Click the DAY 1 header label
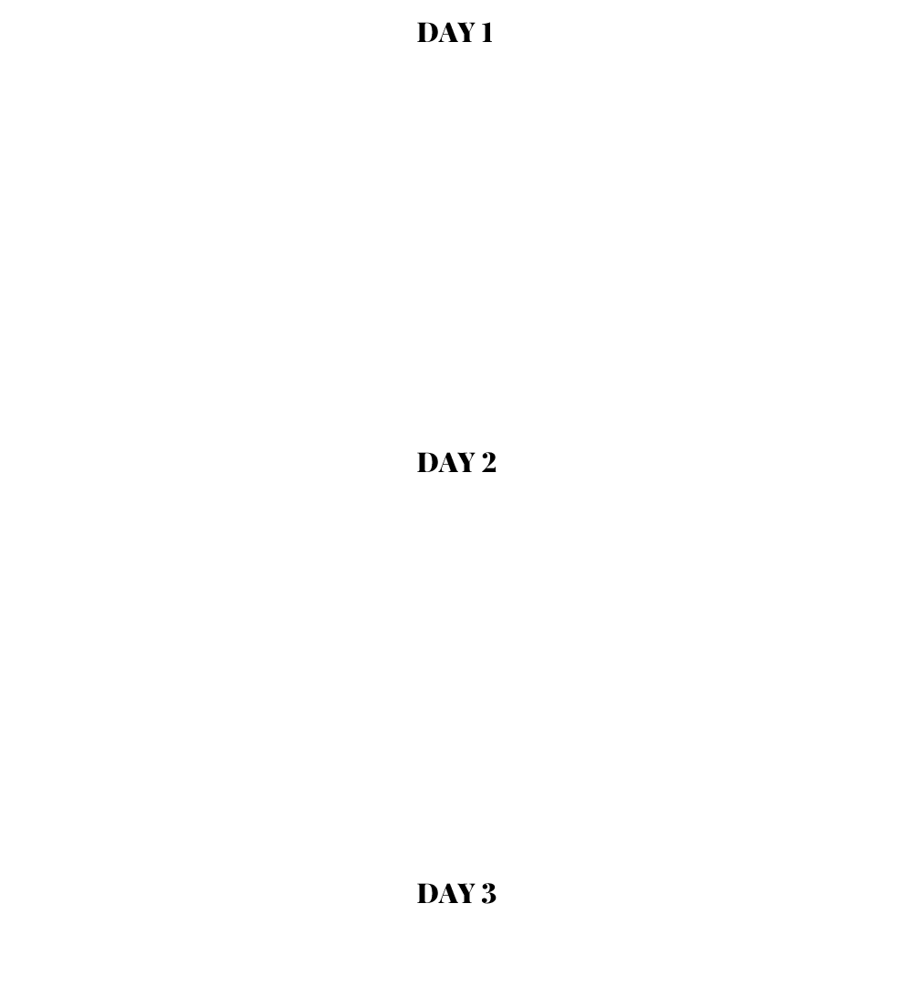455,33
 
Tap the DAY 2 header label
455,463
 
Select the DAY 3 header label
455,893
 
